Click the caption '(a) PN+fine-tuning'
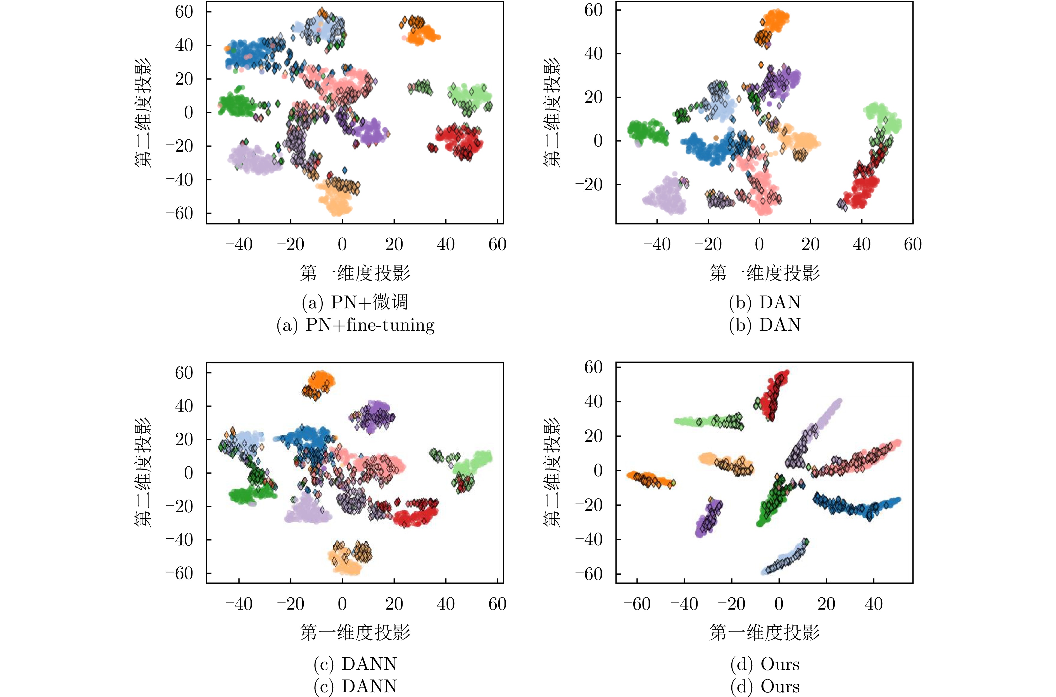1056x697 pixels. coord(355,325)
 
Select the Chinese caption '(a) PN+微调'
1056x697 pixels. coord(355,302)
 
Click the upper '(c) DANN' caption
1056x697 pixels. coord(355,664)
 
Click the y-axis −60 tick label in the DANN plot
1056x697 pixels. coord(179,573)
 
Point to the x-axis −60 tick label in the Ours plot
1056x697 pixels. coord(637,604)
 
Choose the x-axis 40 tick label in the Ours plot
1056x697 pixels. coord(873,604)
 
